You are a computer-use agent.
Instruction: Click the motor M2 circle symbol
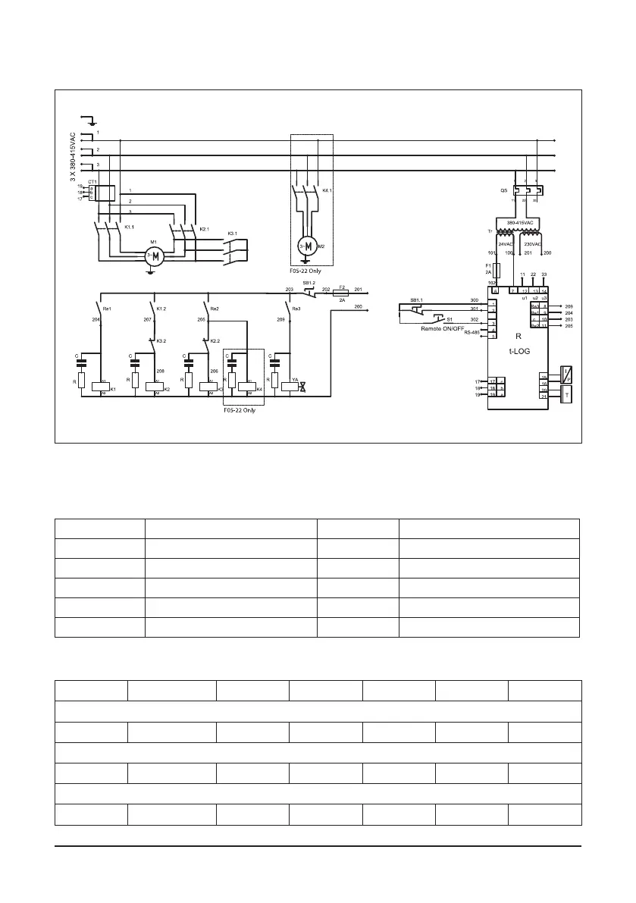pyautogui.click(x=307, y=247)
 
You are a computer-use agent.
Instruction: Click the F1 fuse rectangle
pyautogui.click(x=496, y=270)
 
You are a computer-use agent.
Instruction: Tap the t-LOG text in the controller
pyautogui.click(x=518, y=350)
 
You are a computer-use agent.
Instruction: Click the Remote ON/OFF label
pyautogui.click(x=443, y=329)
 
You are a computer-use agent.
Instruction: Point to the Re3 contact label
pyautogui.click(x=296, y=309)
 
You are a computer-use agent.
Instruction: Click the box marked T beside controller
pyautogui.click(x=565, y=394)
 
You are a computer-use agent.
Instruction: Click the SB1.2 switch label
pyautogui.click(x=309, y=283)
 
